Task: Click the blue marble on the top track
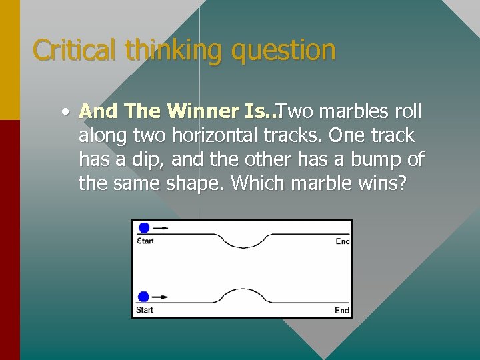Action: pyautogui.click(x=144, y=227)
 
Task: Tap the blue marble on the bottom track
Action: pyautogui.click(x=143, y=297)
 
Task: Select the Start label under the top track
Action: pyautogui.click(x=145, y=241)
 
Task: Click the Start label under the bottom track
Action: pyautogui.click(x=145, y=310)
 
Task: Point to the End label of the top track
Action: pyautogui.click(x=342, y=241)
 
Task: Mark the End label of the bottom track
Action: pyautogui.click(x=342, y=310)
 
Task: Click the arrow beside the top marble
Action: pyautogui.click(x=161, y=227)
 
